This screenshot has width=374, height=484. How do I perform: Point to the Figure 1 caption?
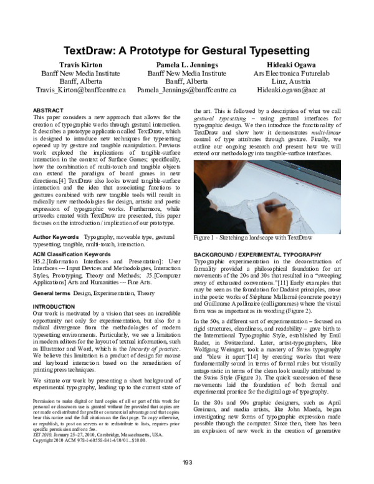click(252, 238)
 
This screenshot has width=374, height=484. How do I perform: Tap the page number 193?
click(187, 462)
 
